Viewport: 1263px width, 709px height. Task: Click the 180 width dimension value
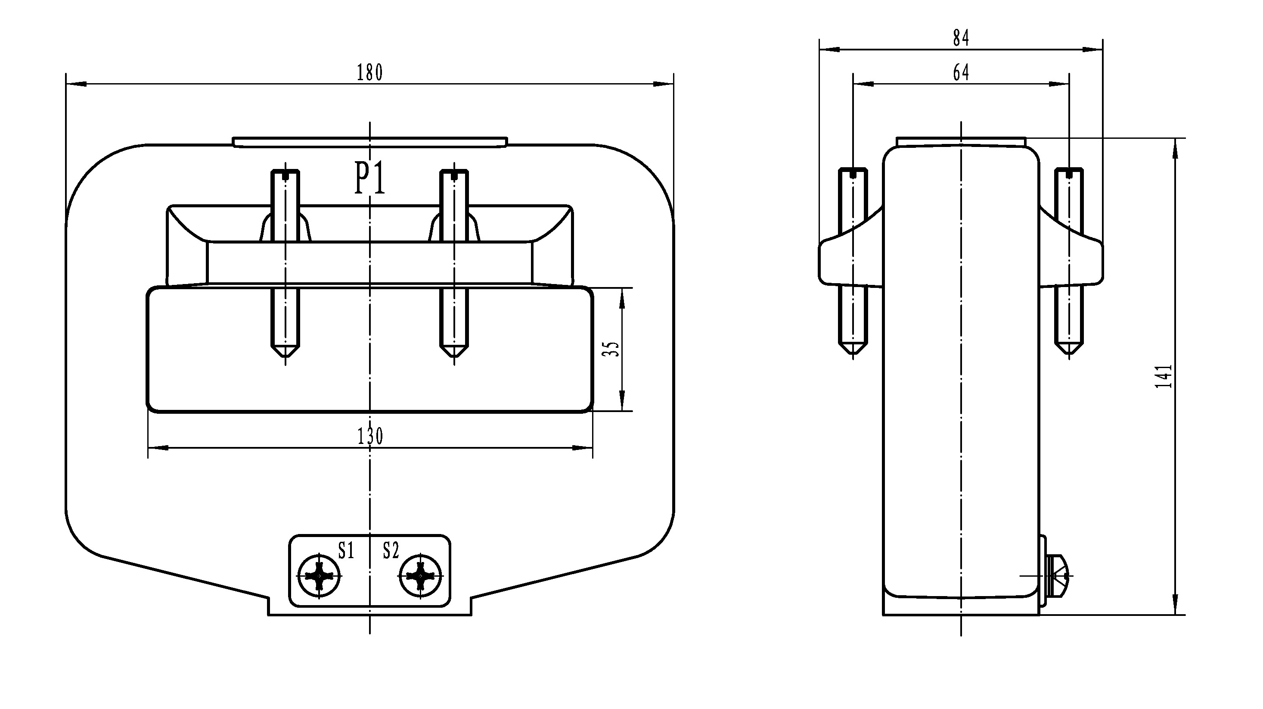(369, 72)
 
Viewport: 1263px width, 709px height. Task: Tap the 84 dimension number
(961, 38)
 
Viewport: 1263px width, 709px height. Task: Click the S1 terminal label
(346, 550)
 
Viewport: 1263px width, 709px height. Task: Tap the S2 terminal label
(391, 550)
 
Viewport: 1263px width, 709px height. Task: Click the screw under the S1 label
(320, 576)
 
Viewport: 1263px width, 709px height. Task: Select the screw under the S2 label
(420, 576)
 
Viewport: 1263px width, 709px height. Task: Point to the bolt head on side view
(1057, 575)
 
